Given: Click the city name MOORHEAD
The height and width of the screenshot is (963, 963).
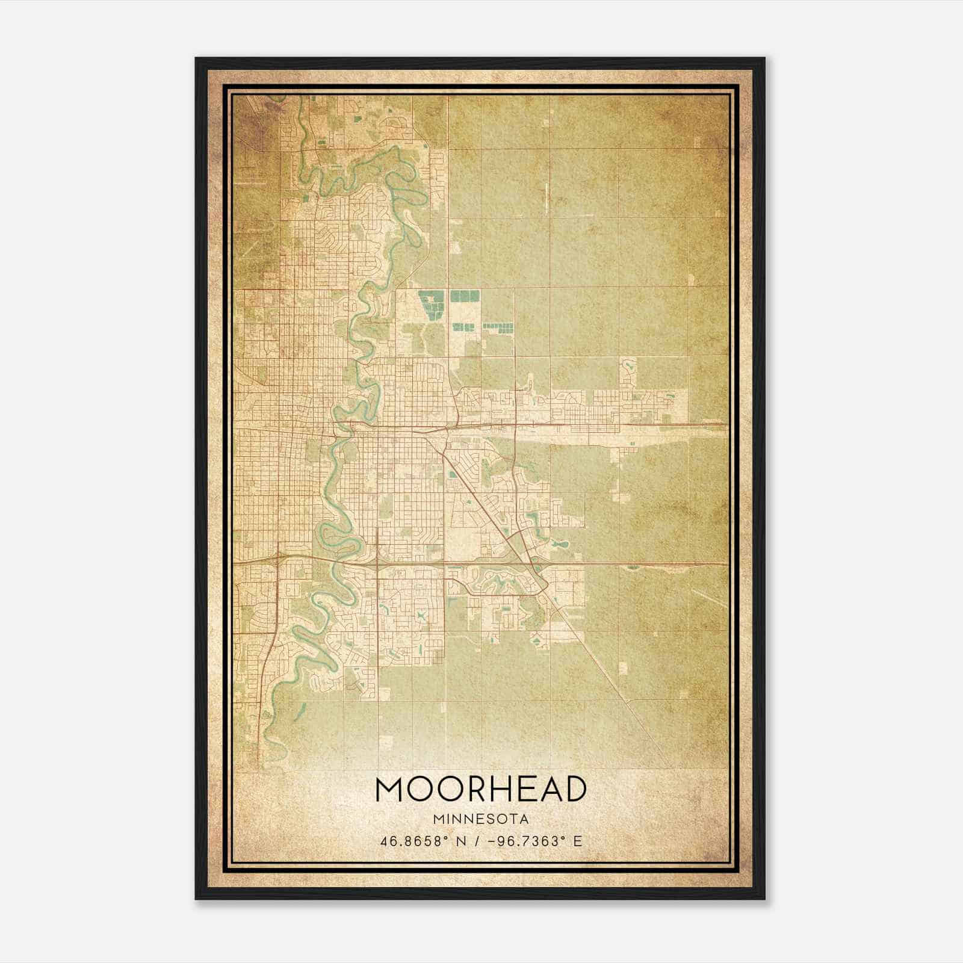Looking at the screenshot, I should pyautogui.click(x=481, y=788).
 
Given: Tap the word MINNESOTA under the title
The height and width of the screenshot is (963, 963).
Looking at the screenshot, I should pyautogui.click(x=481, y=819).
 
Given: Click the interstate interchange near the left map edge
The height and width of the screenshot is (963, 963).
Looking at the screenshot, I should pyautogui.click(x=277, y=557).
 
